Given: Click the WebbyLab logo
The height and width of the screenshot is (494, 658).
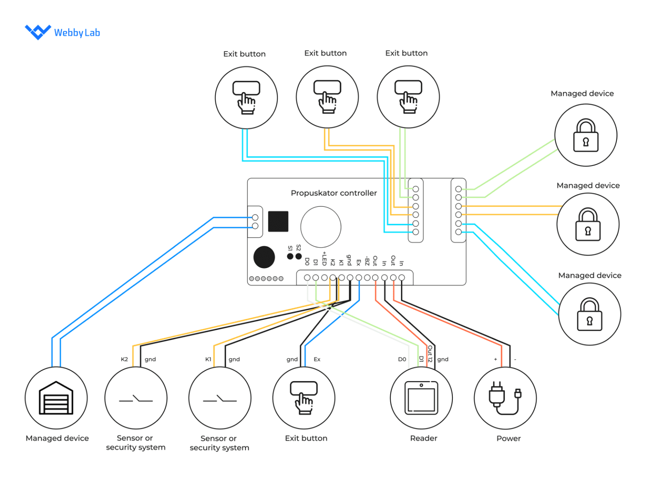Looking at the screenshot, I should click(x=62, y=32).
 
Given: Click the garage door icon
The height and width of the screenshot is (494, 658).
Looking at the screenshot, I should click(x=56, y=398).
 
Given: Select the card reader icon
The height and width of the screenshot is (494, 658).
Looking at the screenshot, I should click(x=422, y=398).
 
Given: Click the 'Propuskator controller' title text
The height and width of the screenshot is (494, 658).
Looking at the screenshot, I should click(x=334, y=193).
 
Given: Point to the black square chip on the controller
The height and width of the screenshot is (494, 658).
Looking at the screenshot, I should click(x=278, y=221).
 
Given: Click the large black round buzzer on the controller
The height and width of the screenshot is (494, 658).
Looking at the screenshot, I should click(x=264, y=257).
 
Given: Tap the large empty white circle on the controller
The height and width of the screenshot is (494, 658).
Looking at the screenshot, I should click(x=321, y=227).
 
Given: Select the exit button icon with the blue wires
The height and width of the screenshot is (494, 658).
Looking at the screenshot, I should click(x=246, y=97).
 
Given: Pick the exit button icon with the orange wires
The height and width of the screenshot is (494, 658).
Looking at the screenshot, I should click(x=327, y=97).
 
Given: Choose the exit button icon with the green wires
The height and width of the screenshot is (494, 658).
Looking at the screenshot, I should click(x=408, y=97).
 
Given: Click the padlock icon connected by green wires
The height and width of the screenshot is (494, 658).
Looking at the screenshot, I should click(x=586, y=136).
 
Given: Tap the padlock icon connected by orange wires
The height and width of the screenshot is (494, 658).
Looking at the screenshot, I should click(x=588, y=224).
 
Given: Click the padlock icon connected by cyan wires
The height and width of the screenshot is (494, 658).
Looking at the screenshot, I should click(x=589, y=314).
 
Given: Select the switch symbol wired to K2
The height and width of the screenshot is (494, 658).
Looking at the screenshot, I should click(x=136, y=399).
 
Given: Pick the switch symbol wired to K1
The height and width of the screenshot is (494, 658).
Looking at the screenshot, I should click(x=220, y=399).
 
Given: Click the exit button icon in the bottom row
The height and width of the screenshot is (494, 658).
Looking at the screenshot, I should click(x=304, y=398).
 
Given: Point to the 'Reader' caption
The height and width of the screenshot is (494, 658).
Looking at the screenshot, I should click(x=424, y=438).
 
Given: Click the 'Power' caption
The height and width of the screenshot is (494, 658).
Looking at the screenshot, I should click(x=508, y=438).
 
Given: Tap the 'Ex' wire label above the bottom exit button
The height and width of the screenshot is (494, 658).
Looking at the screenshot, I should click(x=317, y=359).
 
